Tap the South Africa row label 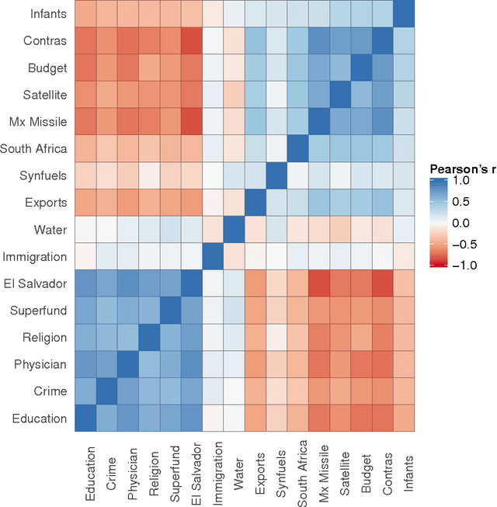pos(34,148)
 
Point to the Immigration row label pos(35,256)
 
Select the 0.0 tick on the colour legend pos(464,223)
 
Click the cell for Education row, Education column pos(87,418)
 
